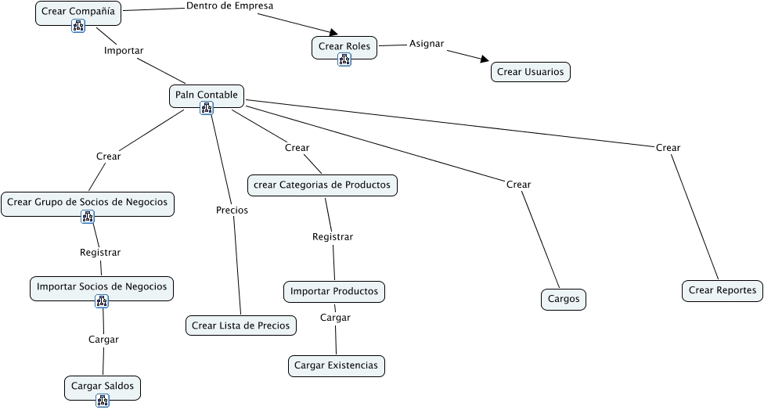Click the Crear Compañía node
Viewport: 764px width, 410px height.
[x=78, y=13]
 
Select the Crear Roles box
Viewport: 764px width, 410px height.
[x=344, y=48]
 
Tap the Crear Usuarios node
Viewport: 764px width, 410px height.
[x=531, y=72]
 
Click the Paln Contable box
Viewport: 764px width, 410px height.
[x=207, y=96]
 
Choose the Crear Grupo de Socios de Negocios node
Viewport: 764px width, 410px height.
[x=88, y=204]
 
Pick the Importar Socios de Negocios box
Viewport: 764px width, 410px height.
[x=102, y=289]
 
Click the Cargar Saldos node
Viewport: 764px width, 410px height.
[x=103, y=388]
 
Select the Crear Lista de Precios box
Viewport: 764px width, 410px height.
[x=240, y=325]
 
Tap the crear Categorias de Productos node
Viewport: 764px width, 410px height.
[x=322, y=185]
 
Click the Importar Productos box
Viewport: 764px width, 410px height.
[x=334, y=292]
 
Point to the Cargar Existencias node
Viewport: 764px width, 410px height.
[x=336, y=365]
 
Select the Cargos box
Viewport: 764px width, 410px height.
[x=564, y=300]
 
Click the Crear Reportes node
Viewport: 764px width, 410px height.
[x=723, y=291]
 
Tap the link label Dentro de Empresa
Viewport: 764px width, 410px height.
[x=230, y=5]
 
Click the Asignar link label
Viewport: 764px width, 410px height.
[x=427, y=44]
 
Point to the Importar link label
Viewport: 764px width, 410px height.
[x=124, y=51]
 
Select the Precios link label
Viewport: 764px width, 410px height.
[x=232, y=210]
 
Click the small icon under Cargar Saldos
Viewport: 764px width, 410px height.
[x=103, y=401]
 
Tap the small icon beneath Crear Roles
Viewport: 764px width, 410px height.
[x=344, y=60]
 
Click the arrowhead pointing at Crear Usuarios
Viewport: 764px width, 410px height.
[x=485, y=59]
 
